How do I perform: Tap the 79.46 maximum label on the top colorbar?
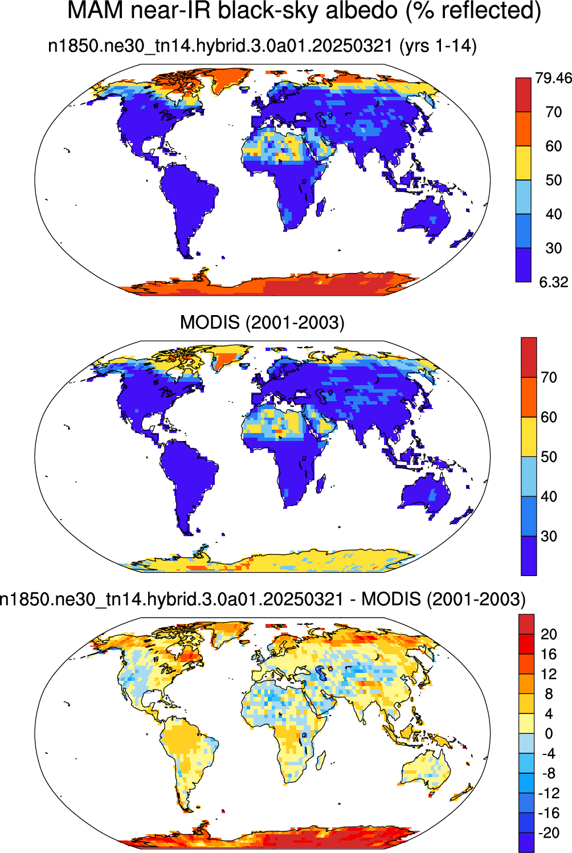[553, 78]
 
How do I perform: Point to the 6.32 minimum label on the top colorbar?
[554, 282]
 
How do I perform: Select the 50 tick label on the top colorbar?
[553, 179]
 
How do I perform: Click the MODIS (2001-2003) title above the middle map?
[262, 323]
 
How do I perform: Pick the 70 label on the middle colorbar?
[549, 377]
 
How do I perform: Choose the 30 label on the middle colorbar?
[549, 536]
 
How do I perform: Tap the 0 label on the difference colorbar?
[549, 733]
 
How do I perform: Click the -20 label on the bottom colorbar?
[549, 833]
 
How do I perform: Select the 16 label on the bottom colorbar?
[549, 654]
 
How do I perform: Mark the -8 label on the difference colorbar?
[549, 773]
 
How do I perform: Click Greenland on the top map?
[228, 79]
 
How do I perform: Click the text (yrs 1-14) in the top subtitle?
[438, 46]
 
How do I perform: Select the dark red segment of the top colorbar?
[523, 95]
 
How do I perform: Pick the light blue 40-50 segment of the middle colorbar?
[529, 476]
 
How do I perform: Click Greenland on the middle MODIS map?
[228, 357]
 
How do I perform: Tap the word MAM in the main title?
[95, 10]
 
